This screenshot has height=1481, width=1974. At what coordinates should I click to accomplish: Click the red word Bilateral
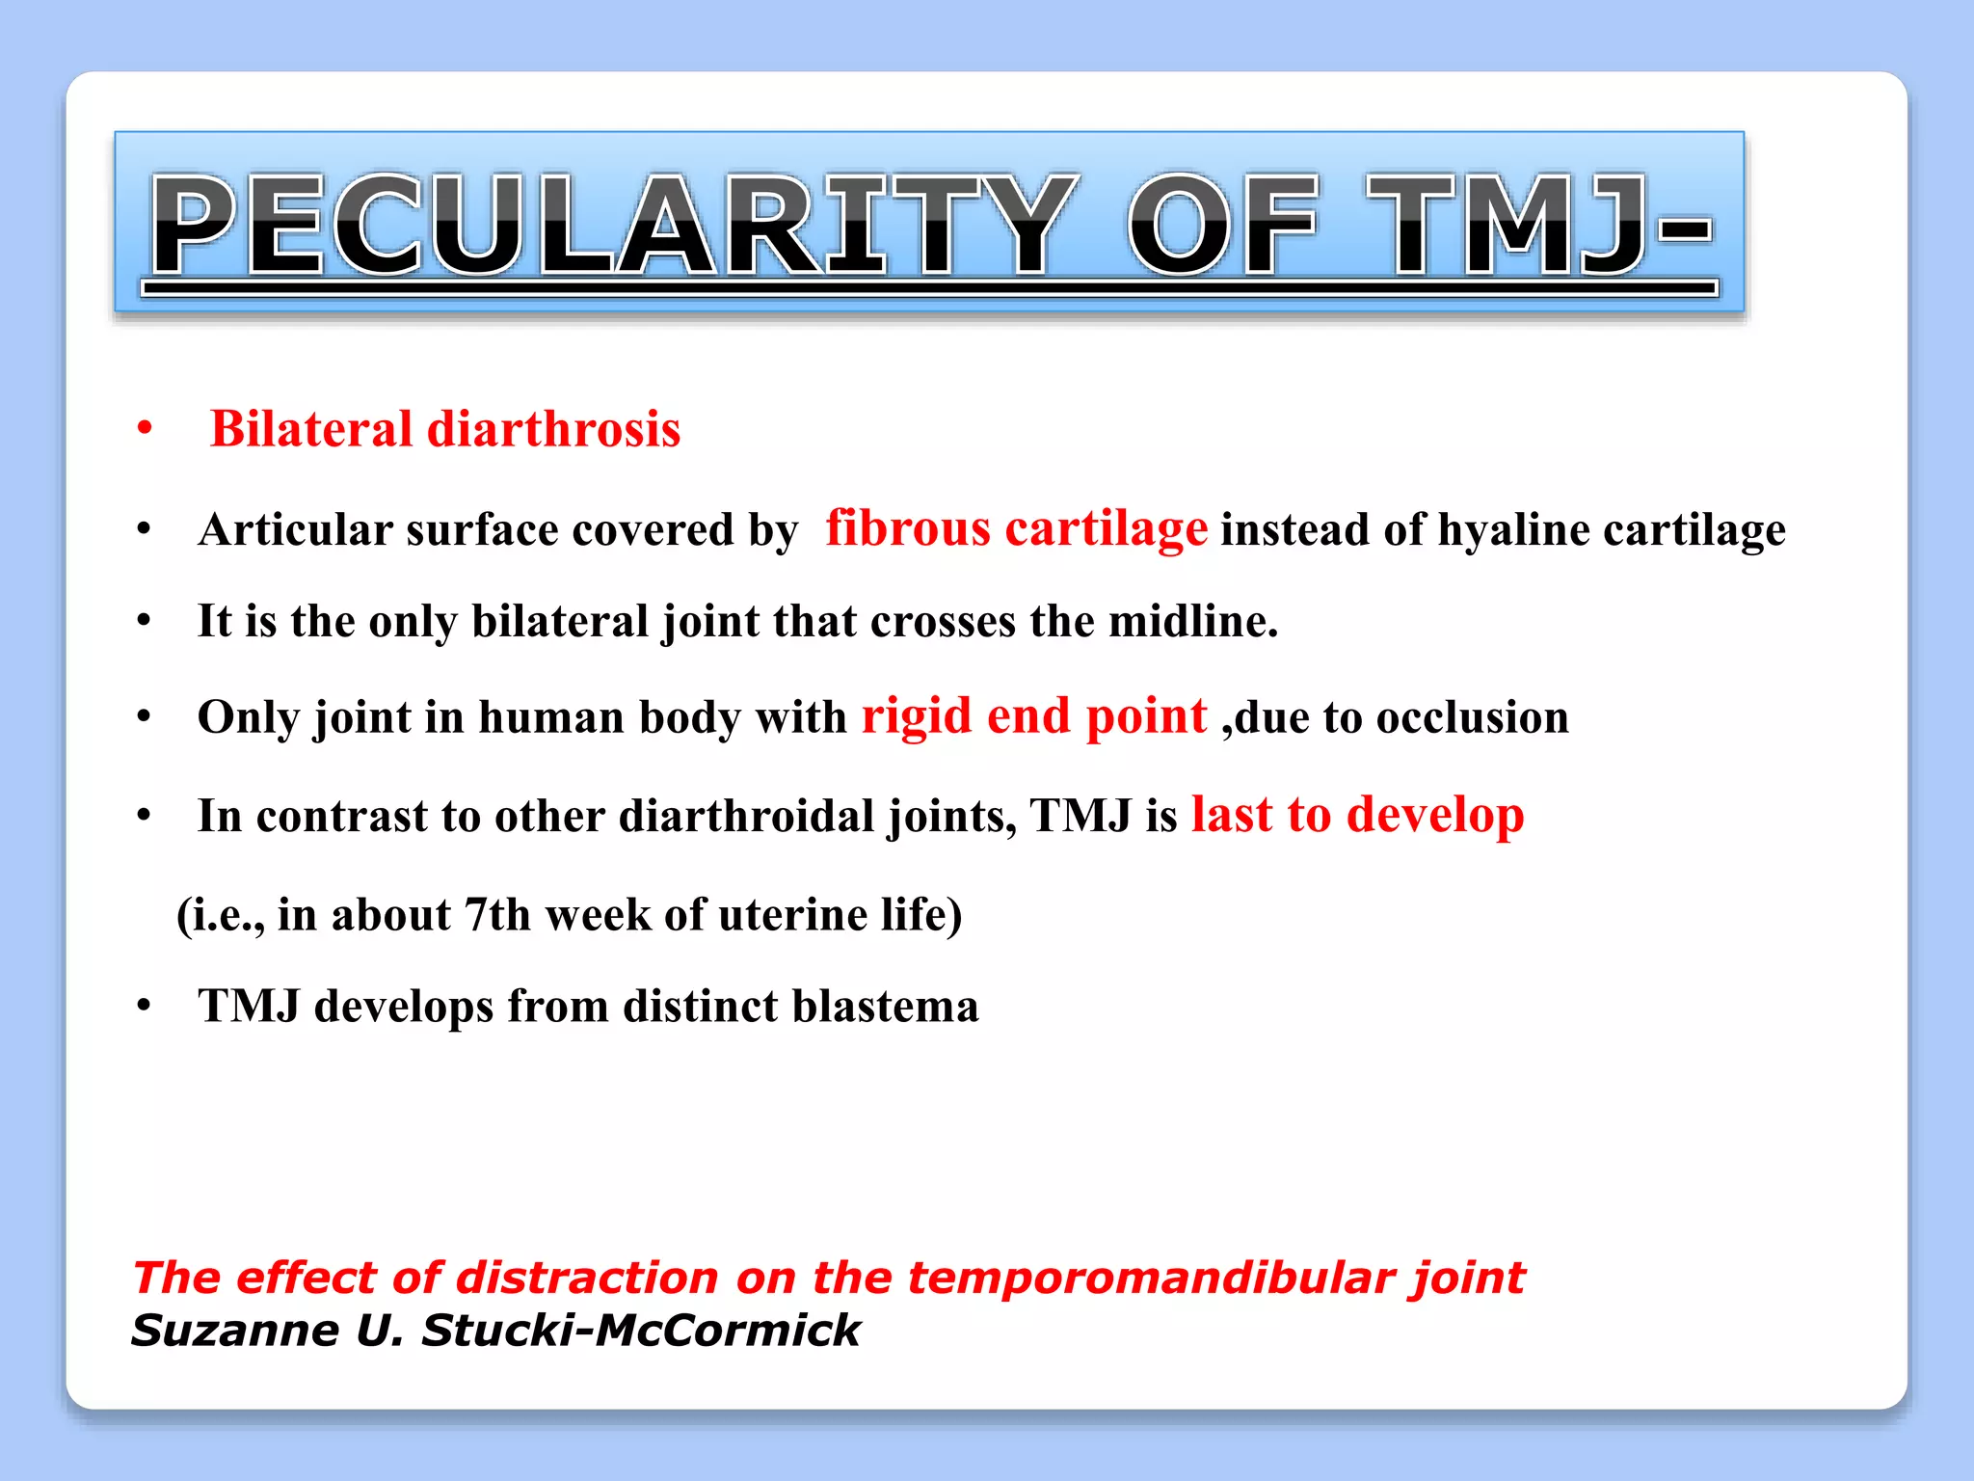(310, 429)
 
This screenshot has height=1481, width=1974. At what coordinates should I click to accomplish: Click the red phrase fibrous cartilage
(1016, 528)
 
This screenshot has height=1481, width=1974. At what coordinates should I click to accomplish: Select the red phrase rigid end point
(1033, 716)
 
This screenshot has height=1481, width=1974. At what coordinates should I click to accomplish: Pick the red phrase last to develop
(1357, 815)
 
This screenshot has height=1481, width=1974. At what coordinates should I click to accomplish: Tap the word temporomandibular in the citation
(1152, 1278)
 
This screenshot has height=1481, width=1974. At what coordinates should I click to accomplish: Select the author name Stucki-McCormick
(640, 1331)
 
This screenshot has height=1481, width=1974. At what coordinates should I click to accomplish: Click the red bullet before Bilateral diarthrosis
(145, 429)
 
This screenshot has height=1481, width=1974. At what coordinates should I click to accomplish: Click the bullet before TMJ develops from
(145, 1007)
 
